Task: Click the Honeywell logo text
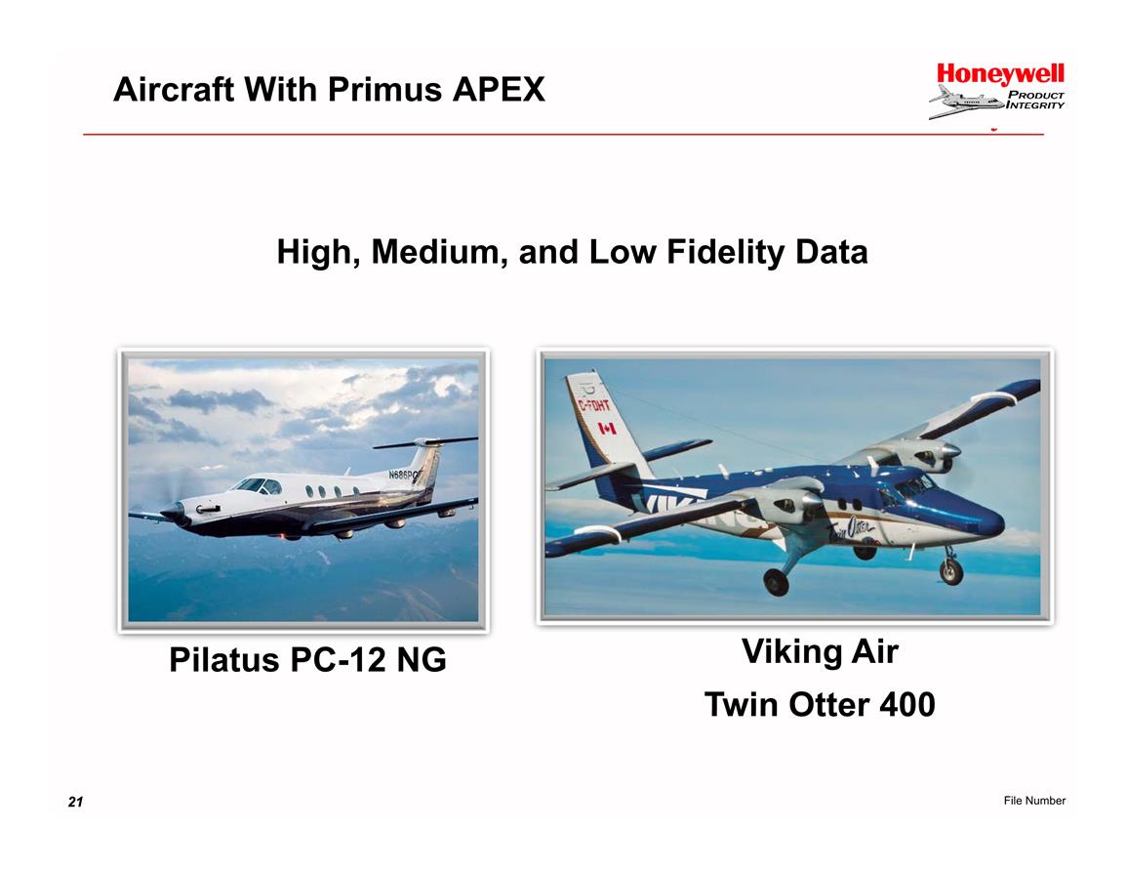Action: click(x=1000, y=75)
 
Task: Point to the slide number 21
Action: click(x=75, y=802)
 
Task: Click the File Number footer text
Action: click(x=1034, y=801)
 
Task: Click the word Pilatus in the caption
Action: click(x=223, y=659)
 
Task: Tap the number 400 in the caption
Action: click(x=907, y=705)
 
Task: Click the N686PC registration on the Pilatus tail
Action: click(x=404, y=475)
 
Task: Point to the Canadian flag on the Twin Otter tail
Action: click(x=607, y=429)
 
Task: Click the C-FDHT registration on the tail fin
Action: click(x=594, y=406)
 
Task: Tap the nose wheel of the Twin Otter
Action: click(x=951, y=571)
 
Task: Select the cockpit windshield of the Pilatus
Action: click(x=258, y=486)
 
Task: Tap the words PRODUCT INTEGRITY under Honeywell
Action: click(x=1035, y=100)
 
